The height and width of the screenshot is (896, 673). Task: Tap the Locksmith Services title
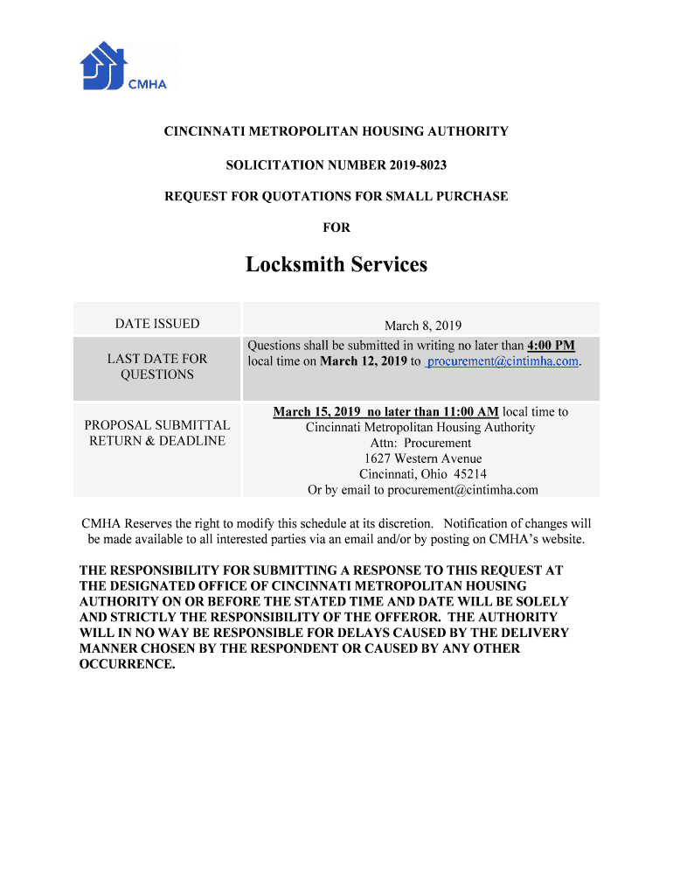336,263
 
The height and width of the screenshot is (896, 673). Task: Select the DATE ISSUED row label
157,324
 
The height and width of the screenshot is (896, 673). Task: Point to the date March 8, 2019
423,325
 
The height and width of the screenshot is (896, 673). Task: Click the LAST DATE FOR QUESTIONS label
157,367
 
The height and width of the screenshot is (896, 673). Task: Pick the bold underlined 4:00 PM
551,346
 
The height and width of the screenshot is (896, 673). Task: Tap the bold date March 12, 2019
364,361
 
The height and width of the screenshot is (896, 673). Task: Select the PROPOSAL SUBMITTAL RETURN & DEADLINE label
157,433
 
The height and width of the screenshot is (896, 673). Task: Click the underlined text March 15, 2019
317,411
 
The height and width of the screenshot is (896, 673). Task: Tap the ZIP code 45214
470,474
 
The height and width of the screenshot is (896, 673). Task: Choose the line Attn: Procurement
420,443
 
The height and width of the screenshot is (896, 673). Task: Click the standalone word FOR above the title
336,227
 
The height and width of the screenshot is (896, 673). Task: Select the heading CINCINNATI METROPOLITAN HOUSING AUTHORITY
336,131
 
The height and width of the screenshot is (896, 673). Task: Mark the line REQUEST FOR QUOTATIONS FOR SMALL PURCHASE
336,196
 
